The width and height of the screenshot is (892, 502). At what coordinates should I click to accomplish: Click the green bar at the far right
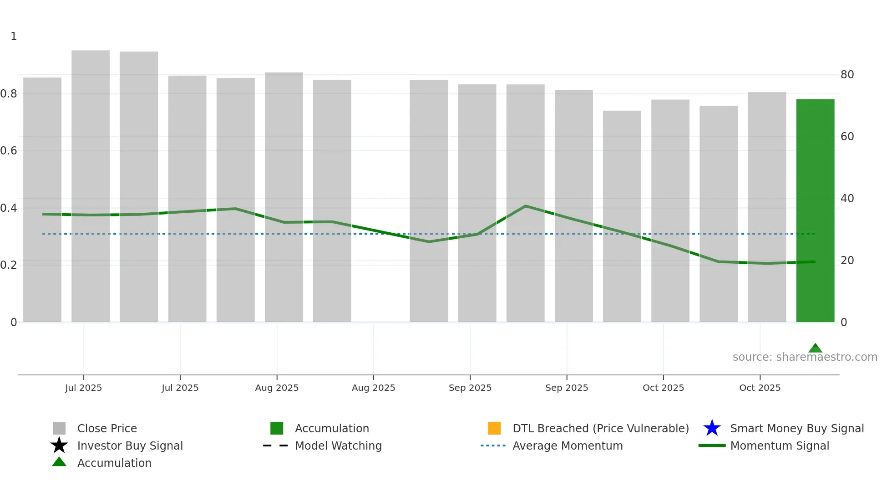click(815, 210)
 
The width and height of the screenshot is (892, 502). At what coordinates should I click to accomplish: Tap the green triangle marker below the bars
click(815, 348)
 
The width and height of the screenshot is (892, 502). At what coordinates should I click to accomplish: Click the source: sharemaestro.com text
click(805, 357)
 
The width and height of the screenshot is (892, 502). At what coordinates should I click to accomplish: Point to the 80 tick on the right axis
click(847, 75)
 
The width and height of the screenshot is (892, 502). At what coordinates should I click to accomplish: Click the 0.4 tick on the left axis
click(9, 208)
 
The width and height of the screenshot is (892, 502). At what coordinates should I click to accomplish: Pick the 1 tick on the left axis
click(14, 36)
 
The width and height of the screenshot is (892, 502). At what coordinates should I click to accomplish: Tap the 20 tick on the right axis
click(847, 261)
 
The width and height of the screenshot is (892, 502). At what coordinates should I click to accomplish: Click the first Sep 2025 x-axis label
click(470, 388)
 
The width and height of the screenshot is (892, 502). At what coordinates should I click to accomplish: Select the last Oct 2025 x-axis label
click(760, 388)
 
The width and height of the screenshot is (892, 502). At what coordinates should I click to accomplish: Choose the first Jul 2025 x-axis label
click(83, 388)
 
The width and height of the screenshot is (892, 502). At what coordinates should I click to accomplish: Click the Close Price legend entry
click(107, 429)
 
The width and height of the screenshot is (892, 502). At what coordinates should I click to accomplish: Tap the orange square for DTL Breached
click(494, 428)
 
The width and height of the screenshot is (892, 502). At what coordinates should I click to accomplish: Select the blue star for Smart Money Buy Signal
click(712, 428)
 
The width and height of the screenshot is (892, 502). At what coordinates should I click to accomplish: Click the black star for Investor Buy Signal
click(59, 446)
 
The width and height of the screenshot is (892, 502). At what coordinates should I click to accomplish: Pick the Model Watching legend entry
click(338, 446)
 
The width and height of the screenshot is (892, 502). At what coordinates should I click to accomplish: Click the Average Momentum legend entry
click(567, 446)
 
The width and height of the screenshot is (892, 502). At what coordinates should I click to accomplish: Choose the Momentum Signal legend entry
click(779, 446)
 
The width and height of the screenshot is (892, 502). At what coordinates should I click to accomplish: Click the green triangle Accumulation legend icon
click(59, 462)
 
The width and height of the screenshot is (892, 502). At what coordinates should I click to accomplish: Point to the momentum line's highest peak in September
click(526, 206)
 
